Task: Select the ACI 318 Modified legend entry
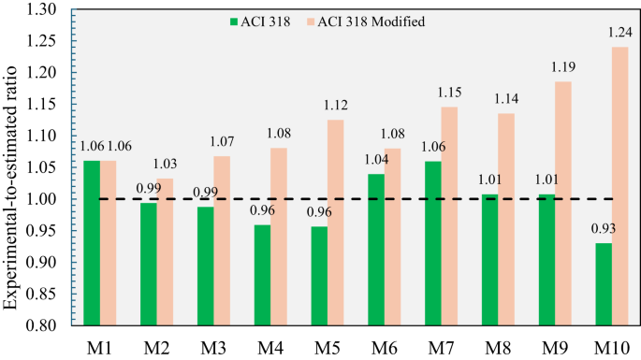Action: tap(373, 20)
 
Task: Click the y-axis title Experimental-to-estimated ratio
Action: tap(13, 168)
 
